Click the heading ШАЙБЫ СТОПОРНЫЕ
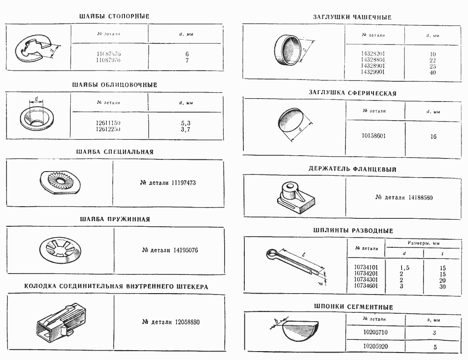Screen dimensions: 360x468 (x=115, y=16)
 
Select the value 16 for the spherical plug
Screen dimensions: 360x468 (x=433, y=137)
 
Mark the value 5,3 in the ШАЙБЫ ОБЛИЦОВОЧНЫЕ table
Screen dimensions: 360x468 (x=185, y=123)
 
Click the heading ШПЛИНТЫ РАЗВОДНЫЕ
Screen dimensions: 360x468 (x=353, y=230)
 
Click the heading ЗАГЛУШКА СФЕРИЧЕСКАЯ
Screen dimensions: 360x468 (x=352, y=93)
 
